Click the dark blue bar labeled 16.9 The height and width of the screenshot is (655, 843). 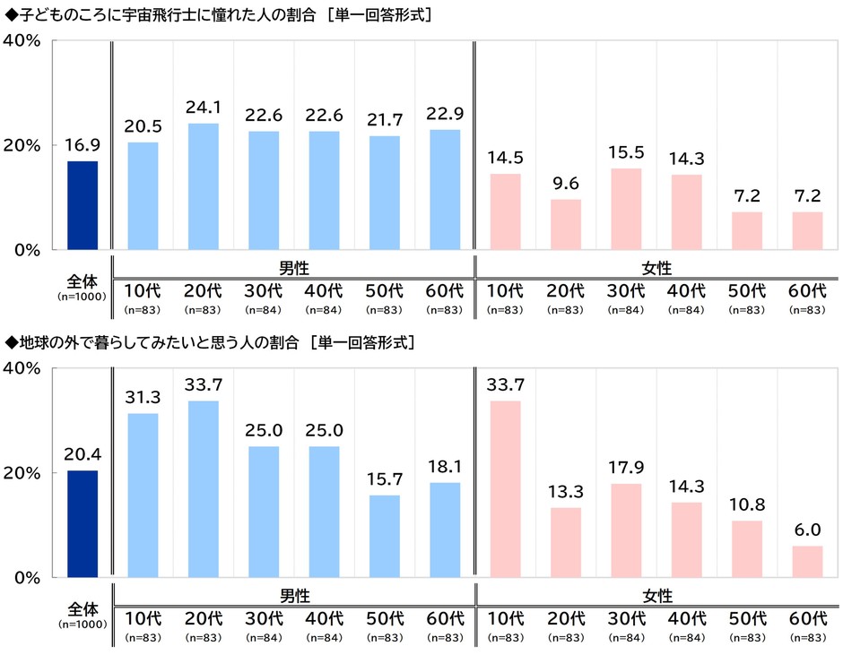pos(83,205)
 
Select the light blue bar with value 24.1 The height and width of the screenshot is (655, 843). pos(204,186)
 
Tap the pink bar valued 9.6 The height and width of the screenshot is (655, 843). pos(566,225)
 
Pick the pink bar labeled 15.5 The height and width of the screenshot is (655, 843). pos(626,209)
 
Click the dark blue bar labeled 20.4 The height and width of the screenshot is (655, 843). pos(83,524)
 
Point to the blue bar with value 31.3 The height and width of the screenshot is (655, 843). pos(143,496)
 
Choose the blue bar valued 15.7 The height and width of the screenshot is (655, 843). pos(385,536)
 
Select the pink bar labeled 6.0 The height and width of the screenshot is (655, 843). pos(807,562)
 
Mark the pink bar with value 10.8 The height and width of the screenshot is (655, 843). pos(747,549)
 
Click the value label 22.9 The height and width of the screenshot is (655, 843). pos(445,114)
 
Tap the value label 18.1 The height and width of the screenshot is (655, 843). pos(445,467)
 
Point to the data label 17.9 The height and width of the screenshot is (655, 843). pos(626,468)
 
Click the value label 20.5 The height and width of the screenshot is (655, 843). pos(143,126)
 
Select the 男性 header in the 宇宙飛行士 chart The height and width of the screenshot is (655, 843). pos(294,268)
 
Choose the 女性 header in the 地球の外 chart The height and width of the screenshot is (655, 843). pos(657,596)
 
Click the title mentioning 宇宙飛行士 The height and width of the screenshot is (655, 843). pos(218,14)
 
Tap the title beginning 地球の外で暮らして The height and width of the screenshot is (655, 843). pos(209,342)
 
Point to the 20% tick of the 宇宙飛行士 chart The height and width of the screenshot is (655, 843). pos(22,146)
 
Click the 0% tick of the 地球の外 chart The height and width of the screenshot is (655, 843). pos(28,578)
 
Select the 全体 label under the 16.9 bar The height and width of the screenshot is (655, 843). pos(83,281)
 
